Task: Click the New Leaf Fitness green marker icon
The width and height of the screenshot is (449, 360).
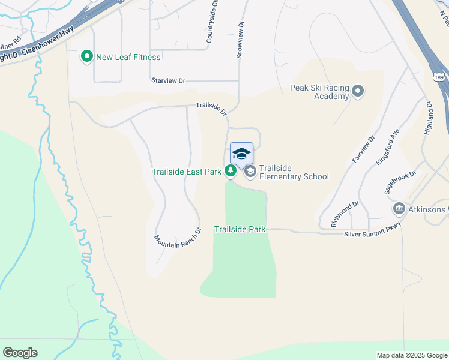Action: [86, 57]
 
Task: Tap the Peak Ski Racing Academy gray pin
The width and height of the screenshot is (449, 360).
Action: [358, 92]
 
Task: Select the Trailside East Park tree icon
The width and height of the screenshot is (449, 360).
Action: [230, 172]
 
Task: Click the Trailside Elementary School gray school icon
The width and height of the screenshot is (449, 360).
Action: [250, 172]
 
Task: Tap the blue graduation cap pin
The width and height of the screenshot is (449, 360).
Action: [241, 154]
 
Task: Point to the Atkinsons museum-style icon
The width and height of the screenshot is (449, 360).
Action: [399, 209]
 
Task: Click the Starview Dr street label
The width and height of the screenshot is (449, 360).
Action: [169, 80]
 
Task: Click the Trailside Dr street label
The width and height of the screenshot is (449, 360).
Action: [212, 108]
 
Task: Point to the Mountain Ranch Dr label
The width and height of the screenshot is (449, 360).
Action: [177, 239]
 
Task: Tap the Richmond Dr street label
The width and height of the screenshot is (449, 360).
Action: [345, 214]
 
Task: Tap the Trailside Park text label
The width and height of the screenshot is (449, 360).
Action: [240, 230]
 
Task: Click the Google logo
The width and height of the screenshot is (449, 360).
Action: [20, 353]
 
